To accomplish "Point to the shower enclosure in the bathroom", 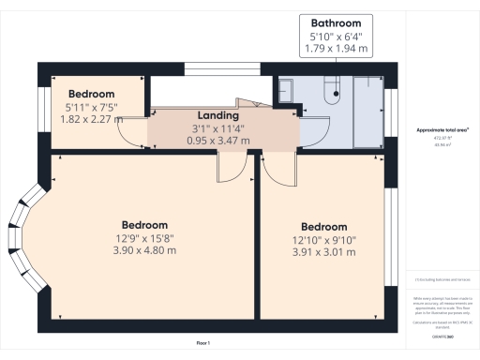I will click(x=367, y=112).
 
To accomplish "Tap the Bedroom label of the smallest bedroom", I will click(x=91, y=94).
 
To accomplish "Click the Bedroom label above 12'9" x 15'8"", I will click(x=144, y=225).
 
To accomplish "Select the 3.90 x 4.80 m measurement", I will click(x=144, y=250).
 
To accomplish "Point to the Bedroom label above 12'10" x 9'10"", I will click(x=323, y=227).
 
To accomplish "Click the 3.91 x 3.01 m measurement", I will click(x=323, y=252).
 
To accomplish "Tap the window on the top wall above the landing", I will click(x=221, y=68).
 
